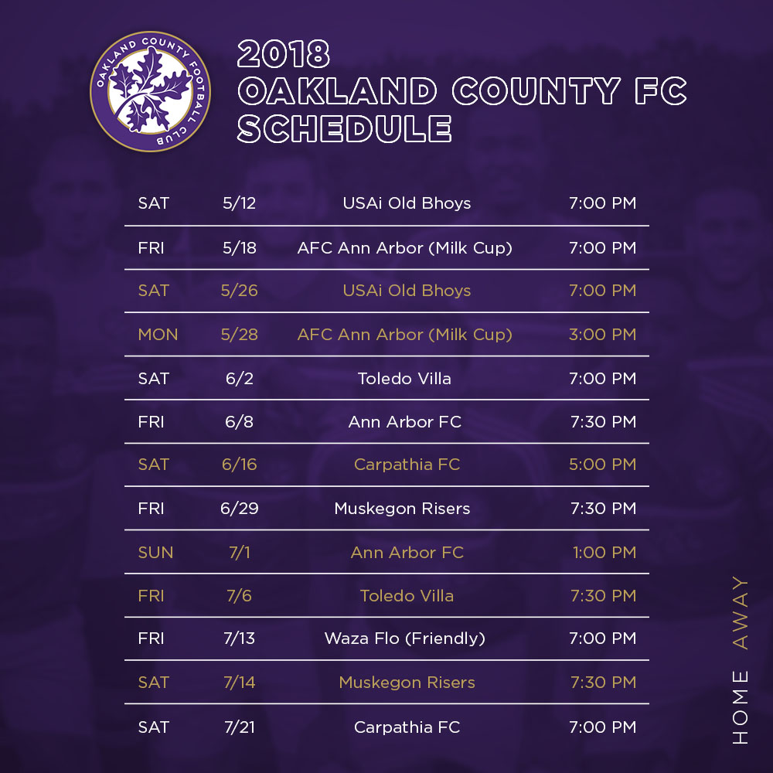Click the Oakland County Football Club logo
click(151, 91)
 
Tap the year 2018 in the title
click(284, 54)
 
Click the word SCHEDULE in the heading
click(344, 128)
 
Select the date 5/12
click(239, 203)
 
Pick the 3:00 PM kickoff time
click(602, 334)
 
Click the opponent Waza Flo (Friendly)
click(405, 638)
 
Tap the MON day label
click(158, 334)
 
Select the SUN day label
click(156, 552)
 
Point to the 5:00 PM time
click(602, 465)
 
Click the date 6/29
click(239, 509)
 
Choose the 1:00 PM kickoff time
click(604, 552)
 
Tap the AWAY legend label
click(740, 613)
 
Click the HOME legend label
click(740, 707)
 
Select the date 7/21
click(239, 727)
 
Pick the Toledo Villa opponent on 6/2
click(404, 379)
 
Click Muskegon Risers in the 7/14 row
click(407, 683)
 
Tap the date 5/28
click(239, 334)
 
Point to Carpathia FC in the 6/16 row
click(407, 465)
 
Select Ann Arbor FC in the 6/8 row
click(405, 422)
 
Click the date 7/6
click(239, 595)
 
